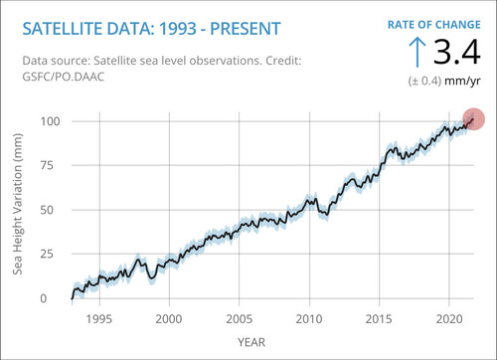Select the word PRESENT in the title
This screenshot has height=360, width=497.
pos(246,29)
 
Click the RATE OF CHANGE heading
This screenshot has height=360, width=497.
pos(434,25)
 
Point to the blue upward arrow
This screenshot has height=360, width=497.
pos(417,52)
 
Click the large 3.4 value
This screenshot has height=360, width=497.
pos(457,52)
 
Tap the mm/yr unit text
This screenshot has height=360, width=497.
pos(462,81)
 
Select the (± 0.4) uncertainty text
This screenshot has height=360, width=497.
pos(424,81)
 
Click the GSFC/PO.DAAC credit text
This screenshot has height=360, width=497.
pos(64,77)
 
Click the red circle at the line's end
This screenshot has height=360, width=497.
pos(473,119)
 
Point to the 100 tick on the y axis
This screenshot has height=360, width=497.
pos(51,121)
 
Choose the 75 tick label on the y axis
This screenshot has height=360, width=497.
pos(47,165)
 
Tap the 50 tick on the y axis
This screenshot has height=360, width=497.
pos(47,210)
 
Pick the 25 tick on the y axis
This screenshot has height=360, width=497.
pos(47,254)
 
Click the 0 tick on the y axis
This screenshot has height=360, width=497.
pos(44,298)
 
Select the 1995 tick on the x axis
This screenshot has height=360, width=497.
pos(99,319)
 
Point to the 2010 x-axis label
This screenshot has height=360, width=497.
pos(309,319)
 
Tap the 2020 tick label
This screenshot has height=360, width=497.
pos(449,319)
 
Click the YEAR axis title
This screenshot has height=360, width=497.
pos(251,342)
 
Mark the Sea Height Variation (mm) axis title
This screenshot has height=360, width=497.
pos(18,204)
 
